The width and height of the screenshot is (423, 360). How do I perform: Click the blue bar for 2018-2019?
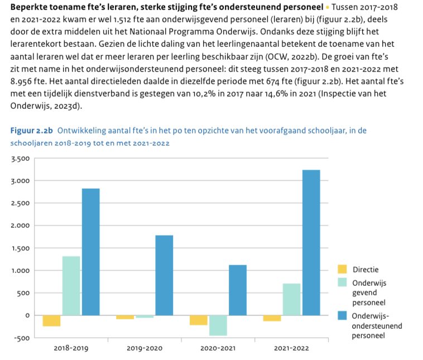pos(90,252)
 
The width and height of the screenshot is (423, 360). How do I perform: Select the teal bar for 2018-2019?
pos(71,286)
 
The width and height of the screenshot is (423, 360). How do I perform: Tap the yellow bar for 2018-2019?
pos(51,321)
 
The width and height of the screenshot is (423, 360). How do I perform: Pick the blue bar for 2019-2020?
pos(164,275)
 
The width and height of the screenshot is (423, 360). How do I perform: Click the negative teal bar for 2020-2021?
pos(218,325)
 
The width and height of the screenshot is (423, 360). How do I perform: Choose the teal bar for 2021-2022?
pos(291,299)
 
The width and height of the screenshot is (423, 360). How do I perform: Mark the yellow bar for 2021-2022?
pos(272,318)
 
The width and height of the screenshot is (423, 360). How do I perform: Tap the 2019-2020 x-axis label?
pos(145,348)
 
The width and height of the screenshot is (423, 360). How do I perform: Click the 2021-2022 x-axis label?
pos(291,348)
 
